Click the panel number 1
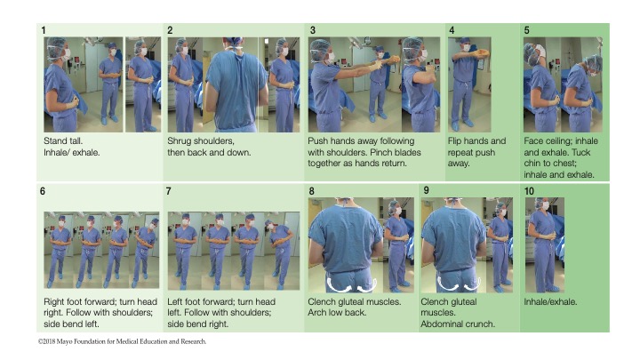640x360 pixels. tap(44, 30)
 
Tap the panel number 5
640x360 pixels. tap(526, 30)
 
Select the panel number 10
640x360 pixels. tap(529, 191)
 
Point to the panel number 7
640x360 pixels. tap(168, 191)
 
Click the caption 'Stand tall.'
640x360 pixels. tap(63, 140)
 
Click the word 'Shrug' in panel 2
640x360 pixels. tap(179, 141)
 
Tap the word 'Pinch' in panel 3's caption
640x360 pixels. tap(382, 152)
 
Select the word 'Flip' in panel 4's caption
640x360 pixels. tap(455, 141)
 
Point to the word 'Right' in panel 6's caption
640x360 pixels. tap(54, 302)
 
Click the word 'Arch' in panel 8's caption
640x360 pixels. tap(317, 313)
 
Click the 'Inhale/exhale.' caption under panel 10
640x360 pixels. tap(550, 302)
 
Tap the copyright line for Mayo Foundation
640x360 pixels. tap(122, 341)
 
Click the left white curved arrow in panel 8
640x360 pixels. tap(340, 285)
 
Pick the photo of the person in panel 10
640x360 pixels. tap(545, 245)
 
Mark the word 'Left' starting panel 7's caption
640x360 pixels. tap(175, 302)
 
